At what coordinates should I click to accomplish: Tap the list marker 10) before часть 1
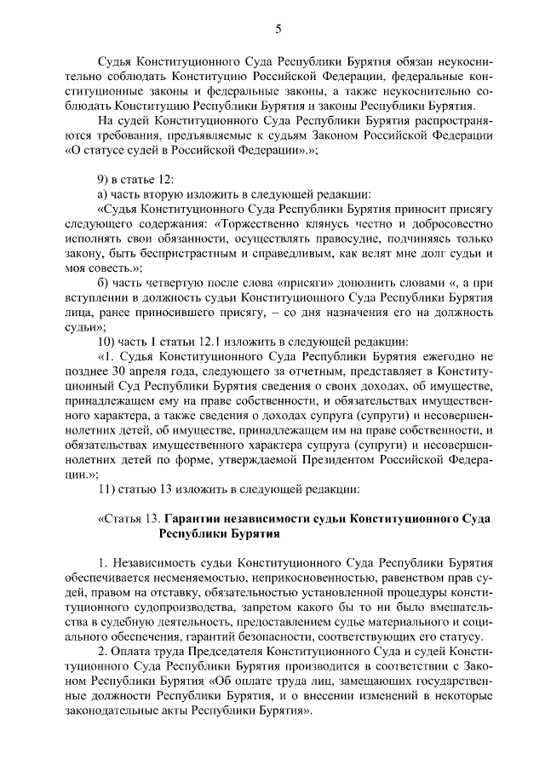point(108,342)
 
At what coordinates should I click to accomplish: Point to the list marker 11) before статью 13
point(108,488)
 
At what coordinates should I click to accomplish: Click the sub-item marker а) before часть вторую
point(104,193)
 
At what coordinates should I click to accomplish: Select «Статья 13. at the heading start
point(129,518)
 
